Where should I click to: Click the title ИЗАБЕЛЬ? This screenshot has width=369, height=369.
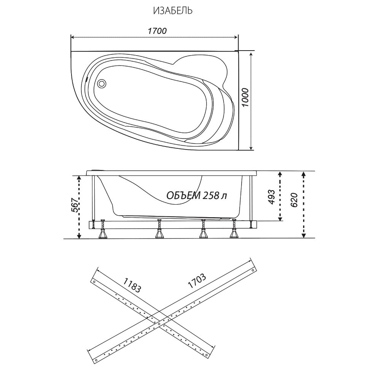pyautogui.click(x=173, y=11)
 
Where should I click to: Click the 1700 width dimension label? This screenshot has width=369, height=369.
pyautogui.click(x=157, y=31)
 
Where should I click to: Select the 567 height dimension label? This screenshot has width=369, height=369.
pyautogui.click(x=75, y=205)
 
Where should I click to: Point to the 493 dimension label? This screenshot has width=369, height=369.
pyautogui.click(x=271, y=197)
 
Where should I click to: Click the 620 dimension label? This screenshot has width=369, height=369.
pyautogui.click(x=294, y=200)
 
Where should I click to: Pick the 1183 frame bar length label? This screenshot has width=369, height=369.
pyautogui.click(x=132, y=285)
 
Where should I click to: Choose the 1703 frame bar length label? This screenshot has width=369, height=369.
pyautogui.click(x=197, y=280)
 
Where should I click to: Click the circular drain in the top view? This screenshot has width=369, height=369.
pyautogui.click(x=102, y=83)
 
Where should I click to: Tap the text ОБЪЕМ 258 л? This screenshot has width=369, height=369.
pyautogui.click(x=197, y=195)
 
